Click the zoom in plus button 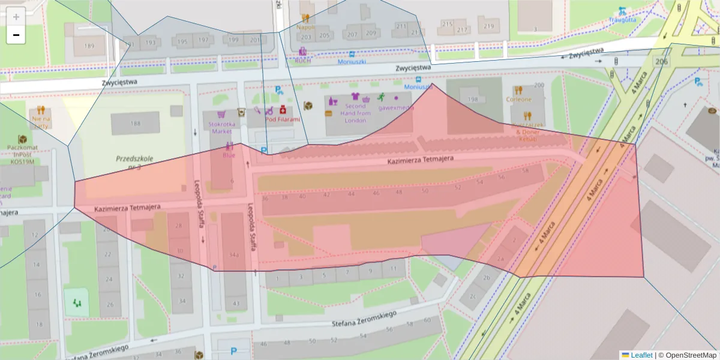point(16,17)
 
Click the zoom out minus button point(16,35)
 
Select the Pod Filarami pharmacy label point(283,119)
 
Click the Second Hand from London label point(355,113)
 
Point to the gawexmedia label point(397,108)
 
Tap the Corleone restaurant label point(518,99)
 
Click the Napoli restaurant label point(305,27)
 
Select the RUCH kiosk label point(304,61)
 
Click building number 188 point(135,123)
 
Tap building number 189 point(89,46)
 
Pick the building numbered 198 point(473,99)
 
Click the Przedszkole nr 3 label point(134,162)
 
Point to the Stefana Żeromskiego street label point(364,319)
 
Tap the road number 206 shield point(662,61)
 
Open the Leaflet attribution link point(641,355)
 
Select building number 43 point(236,304)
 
